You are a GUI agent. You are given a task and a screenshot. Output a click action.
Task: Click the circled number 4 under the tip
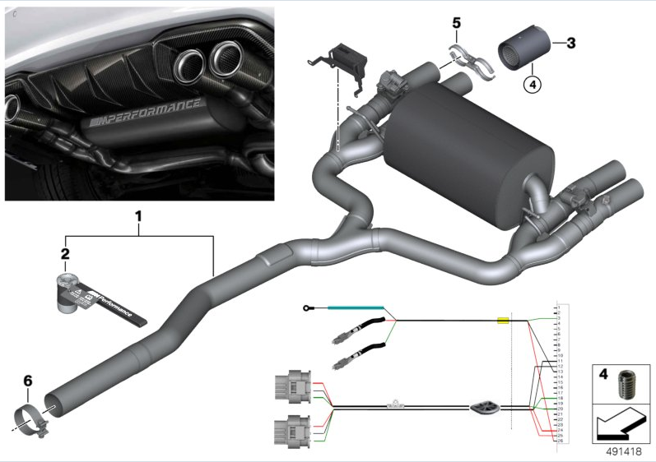(532, 83)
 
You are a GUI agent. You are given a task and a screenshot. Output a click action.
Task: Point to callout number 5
(457, 22)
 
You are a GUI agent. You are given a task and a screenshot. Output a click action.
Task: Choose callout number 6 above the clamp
(27, 381)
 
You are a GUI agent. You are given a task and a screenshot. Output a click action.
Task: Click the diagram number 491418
(624, 450)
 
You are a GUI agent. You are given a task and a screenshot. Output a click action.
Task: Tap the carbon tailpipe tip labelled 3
(523, 50)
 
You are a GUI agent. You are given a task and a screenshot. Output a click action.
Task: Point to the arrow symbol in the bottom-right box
(620, 426)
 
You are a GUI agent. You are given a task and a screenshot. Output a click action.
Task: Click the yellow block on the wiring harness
(503, 321)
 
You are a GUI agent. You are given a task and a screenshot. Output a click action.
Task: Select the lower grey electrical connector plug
(291, 429)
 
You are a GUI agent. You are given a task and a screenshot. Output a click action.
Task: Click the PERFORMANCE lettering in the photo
(146, 112)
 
